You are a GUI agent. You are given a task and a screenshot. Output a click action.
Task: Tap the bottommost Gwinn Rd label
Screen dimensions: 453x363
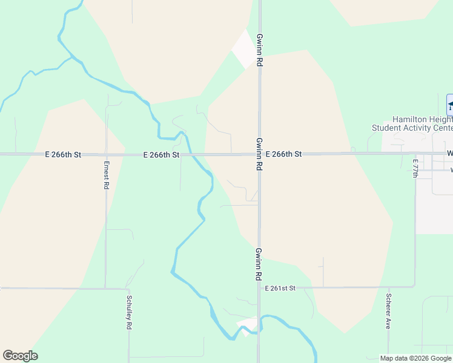tap(259, 264)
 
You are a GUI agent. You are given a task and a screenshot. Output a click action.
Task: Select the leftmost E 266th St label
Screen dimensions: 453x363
tap(63, 155)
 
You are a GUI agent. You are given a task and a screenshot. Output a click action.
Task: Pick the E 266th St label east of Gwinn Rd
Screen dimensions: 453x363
tap(283, 154)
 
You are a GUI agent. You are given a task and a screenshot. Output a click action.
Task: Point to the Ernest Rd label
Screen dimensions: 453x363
tap(106, 175)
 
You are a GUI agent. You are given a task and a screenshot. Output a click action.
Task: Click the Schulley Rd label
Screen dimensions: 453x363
tap(129, 312)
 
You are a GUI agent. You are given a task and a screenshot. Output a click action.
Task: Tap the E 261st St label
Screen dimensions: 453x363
tap(280, 288)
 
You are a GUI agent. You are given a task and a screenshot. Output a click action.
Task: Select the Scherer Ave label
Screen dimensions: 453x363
tap(388, 311)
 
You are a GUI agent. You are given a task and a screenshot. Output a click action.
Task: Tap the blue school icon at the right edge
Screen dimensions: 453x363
tap(450, 105)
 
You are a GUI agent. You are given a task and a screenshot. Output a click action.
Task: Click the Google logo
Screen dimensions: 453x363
tap(20, 356)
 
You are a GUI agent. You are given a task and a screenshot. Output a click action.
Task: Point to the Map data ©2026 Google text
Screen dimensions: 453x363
tap(415, 358)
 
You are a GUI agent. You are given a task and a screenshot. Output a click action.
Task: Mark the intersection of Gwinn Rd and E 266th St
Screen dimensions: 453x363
tap(259, 154)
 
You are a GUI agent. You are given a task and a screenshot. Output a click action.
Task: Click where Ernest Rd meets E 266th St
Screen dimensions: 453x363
tap(107, 155)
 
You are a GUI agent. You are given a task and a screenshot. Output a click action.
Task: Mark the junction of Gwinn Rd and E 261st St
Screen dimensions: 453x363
tap(259, 287)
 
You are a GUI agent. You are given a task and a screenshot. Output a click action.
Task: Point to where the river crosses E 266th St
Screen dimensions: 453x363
tap(189, 154)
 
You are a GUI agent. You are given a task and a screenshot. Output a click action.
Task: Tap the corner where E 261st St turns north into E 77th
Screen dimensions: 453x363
tap(415, 286)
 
